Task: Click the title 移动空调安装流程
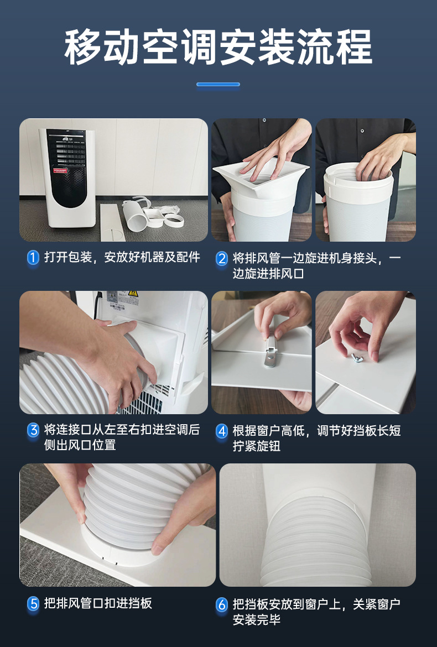(218, 47)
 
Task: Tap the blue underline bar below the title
(218, 84)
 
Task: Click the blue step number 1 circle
(33, 258)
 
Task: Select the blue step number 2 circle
(222, 258)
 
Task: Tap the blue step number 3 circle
(33, 430)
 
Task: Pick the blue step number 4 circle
(222, 431)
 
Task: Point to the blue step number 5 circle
(33, 604)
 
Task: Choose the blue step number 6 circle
(222, 605)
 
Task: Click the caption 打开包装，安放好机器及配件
(122, 258)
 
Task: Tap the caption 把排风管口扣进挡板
(98, 603)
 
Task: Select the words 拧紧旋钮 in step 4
(257, 446)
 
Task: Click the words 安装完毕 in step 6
(257, 620)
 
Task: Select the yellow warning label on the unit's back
(132, 294)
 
